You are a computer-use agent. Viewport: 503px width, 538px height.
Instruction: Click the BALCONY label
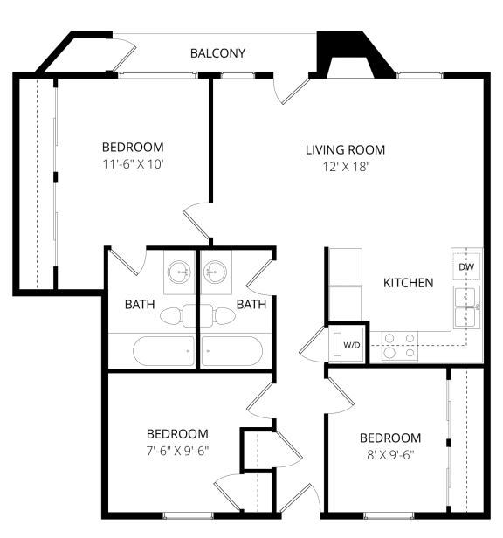(217, 54)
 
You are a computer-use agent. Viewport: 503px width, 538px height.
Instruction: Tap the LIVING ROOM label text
(345, 149)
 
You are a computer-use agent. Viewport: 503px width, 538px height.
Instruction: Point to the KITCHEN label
(409, 283)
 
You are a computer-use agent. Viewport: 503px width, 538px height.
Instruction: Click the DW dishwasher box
(466, 266)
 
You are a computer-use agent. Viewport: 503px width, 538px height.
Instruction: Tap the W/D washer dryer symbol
(350, 345)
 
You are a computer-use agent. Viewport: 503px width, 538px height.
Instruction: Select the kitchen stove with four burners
(399, 346)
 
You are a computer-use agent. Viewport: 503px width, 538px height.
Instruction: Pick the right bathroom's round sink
(215, 273)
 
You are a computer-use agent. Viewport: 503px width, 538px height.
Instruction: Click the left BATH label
(140, 305)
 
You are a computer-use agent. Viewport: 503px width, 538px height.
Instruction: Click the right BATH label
(251, 305)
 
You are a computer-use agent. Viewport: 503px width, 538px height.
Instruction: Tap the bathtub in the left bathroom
(163, 352)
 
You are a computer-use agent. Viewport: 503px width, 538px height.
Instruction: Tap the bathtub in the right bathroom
(231, 352)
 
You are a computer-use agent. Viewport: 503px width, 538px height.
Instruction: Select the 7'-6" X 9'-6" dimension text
(177, 451)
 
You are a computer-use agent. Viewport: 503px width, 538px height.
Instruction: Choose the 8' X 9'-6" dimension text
(389, 455)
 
